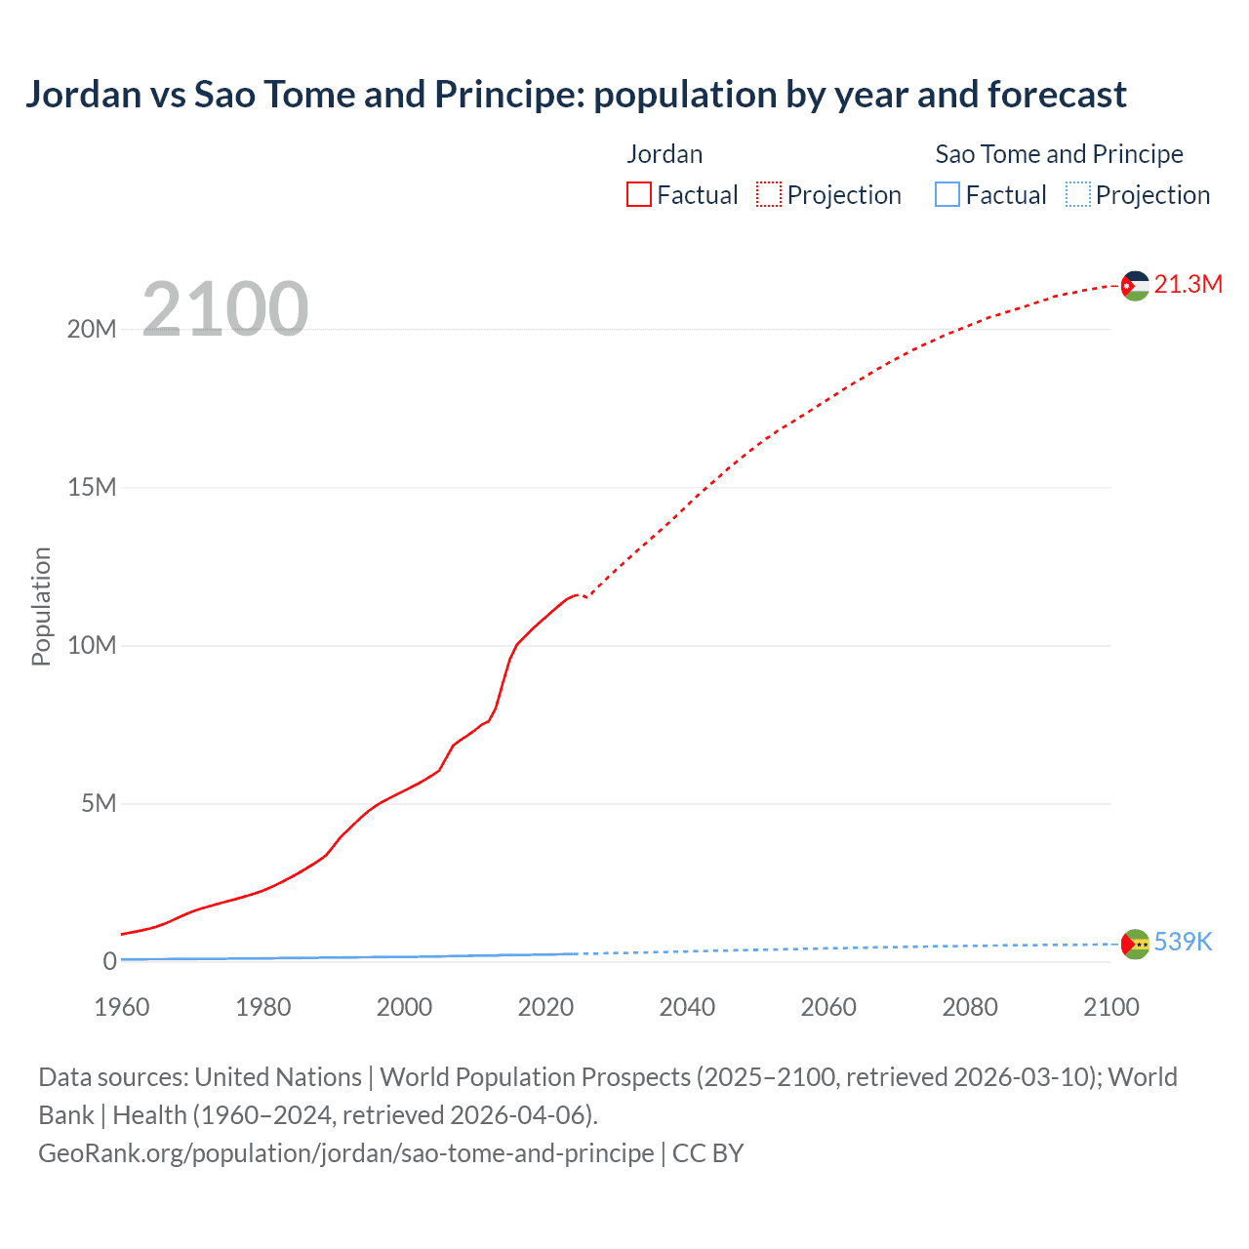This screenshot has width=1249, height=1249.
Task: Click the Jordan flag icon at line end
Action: pyautogui.click(x=1134, y=285)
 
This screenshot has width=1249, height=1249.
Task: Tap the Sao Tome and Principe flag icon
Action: pyautogui.click(x=1134, y=944)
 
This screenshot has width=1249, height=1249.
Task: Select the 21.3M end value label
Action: pyautogui.click(x=1188, y=284)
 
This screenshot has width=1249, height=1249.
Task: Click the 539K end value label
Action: pyautogui.click(x=1183, y=942)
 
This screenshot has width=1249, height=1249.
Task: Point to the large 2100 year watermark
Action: pyautogui.click(x=225, y=309)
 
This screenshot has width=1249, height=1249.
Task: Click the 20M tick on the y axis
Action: pyautogui.click(x=92, y=330)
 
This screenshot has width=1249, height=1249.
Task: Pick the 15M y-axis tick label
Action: pyautogui.click(x=92, y=487)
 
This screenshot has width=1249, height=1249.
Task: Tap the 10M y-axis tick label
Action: pyautogui.click(x=92, y=645)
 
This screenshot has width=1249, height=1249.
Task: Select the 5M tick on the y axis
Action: pyautogui.click(x=99, y=803)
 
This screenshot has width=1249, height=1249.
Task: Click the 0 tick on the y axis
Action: pyautogui.click(x=109, y=961)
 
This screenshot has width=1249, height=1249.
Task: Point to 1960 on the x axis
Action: pyautogui.click(x=122, y=1007)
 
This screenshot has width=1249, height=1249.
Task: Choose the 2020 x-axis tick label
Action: pyautogui.click(x=545, y=1007)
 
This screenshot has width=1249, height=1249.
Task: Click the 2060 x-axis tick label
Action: pyautogui.click(x=828, y=1007)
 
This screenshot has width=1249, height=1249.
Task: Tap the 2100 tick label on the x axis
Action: pyautogui.click(x=1110, y=1007)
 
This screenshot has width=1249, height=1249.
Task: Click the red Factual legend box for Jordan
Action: pyautogui.click(x=639, y=195)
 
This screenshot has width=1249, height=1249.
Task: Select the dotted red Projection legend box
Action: pyautogui.click(x=769, y=195)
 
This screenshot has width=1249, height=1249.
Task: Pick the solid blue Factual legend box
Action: pyautogui.click(x=947, y=195)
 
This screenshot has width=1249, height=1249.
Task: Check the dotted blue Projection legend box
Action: pyautogui.click(x=1078, y=195)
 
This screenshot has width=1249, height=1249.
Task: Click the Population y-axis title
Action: pyautogui.click(x=41, y=606)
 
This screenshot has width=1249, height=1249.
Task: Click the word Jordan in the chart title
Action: pyautogui.click(x=83, y=95)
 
